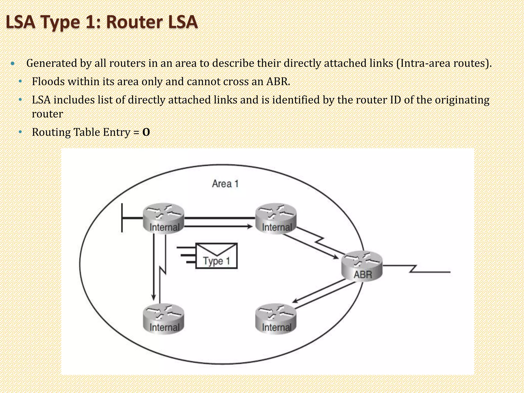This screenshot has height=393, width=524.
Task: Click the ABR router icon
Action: tap(362, 266)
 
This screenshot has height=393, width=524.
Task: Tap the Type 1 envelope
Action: tap(216, 256)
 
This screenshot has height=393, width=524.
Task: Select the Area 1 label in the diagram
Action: tap(225, 184)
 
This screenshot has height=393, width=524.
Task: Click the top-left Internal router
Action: tap(163, 218)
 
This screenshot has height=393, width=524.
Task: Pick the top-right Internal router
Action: tap(276, 218)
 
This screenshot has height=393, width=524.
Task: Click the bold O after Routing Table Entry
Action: tap(146, 132)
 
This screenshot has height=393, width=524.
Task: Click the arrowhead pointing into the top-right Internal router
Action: tap(249, 226)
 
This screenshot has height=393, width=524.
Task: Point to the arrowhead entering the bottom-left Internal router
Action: tap(154, 298)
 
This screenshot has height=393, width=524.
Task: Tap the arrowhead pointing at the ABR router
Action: tap(335, 257)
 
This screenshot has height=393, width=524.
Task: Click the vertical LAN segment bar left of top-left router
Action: tap(122, 218)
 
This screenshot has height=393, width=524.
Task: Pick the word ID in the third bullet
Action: tap(395, 100)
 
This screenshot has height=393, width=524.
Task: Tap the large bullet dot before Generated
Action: tap(13, 63)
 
